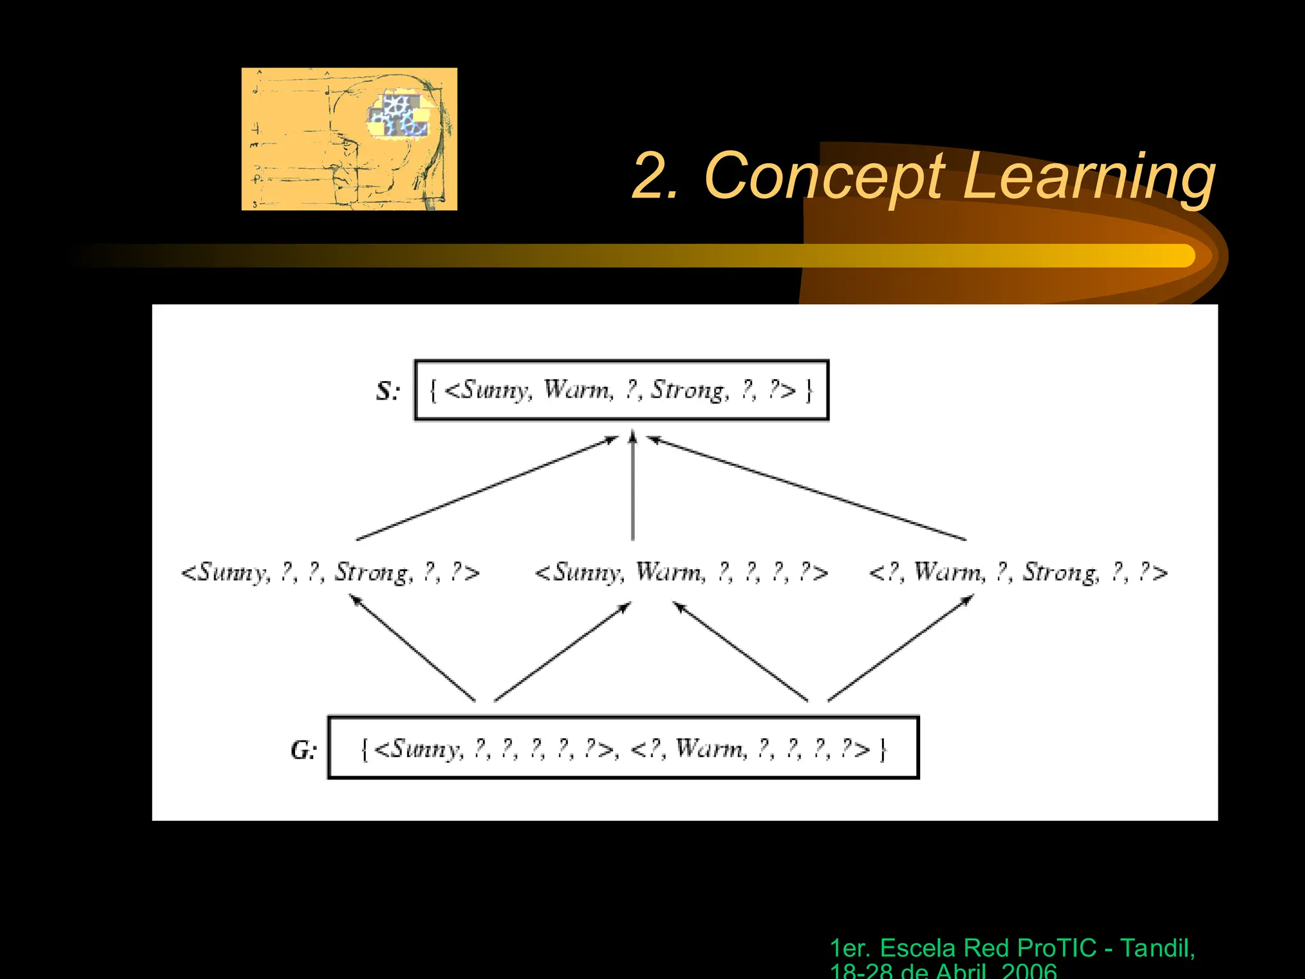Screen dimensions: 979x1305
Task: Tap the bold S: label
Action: tap(387, 391)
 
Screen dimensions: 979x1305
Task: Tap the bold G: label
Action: tap(303, 750)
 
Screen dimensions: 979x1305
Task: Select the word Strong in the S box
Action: tap(688, 389)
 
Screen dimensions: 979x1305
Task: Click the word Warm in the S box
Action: tap(577, 389)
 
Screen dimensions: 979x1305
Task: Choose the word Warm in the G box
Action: tap(710, 748)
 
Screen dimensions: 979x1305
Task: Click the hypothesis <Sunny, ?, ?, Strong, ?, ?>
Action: tap(330, 572)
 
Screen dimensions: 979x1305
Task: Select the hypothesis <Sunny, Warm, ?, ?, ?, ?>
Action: tap(681, 572)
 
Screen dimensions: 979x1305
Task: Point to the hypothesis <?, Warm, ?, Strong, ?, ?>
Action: tap(1018, 572)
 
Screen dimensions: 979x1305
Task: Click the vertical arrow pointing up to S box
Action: tap(633, 488)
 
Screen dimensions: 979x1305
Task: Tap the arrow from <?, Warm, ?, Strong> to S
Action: tap(807, 488)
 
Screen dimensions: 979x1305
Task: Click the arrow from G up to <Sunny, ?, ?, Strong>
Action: tap(413, 648)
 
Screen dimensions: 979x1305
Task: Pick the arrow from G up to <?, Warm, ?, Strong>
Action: tap(901, 648)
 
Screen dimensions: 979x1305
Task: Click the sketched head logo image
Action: tap(349, 139)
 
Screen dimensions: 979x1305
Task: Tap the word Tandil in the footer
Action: tap(1157, 948)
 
